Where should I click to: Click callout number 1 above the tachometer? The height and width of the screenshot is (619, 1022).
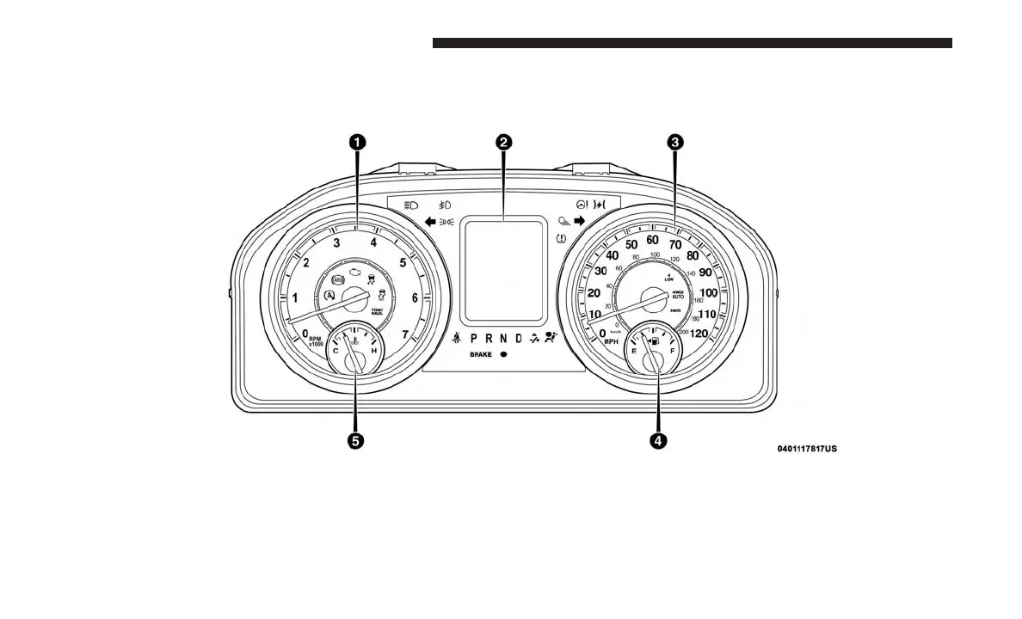(x=356, y=143)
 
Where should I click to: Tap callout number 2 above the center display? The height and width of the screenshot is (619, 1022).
(x=503, y=143)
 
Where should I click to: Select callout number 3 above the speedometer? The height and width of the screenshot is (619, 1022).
(x=676, y=143)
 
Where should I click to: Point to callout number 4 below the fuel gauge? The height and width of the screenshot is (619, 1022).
(x=657, y=440)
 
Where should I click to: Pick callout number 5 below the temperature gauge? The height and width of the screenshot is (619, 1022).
(x=354, y=440)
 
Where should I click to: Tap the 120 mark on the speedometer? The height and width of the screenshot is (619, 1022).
(x=699, y=334)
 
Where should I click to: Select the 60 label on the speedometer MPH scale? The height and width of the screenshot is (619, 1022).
(x=653, y=240)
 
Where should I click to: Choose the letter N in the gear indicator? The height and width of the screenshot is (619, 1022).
(x=503, y=339)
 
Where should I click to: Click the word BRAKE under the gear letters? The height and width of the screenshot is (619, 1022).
(x=480, y=354)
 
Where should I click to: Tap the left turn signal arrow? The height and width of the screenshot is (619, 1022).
(x=430, y=222)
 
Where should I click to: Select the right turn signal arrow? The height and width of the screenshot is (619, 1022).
(x=579, y=221)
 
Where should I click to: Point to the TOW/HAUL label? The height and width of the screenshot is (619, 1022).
(x=377, y=311)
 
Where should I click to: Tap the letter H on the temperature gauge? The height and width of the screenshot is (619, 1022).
(x=373, y=350)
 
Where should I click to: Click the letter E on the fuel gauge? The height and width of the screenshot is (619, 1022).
(x=634, y=350)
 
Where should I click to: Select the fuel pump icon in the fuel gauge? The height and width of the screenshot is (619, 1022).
(x=656, y=346)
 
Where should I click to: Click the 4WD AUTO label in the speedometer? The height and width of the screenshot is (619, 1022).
(x=677, y=294)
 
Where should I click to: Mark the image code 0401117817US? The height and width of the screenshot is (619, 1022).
(x=807, y=448)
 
